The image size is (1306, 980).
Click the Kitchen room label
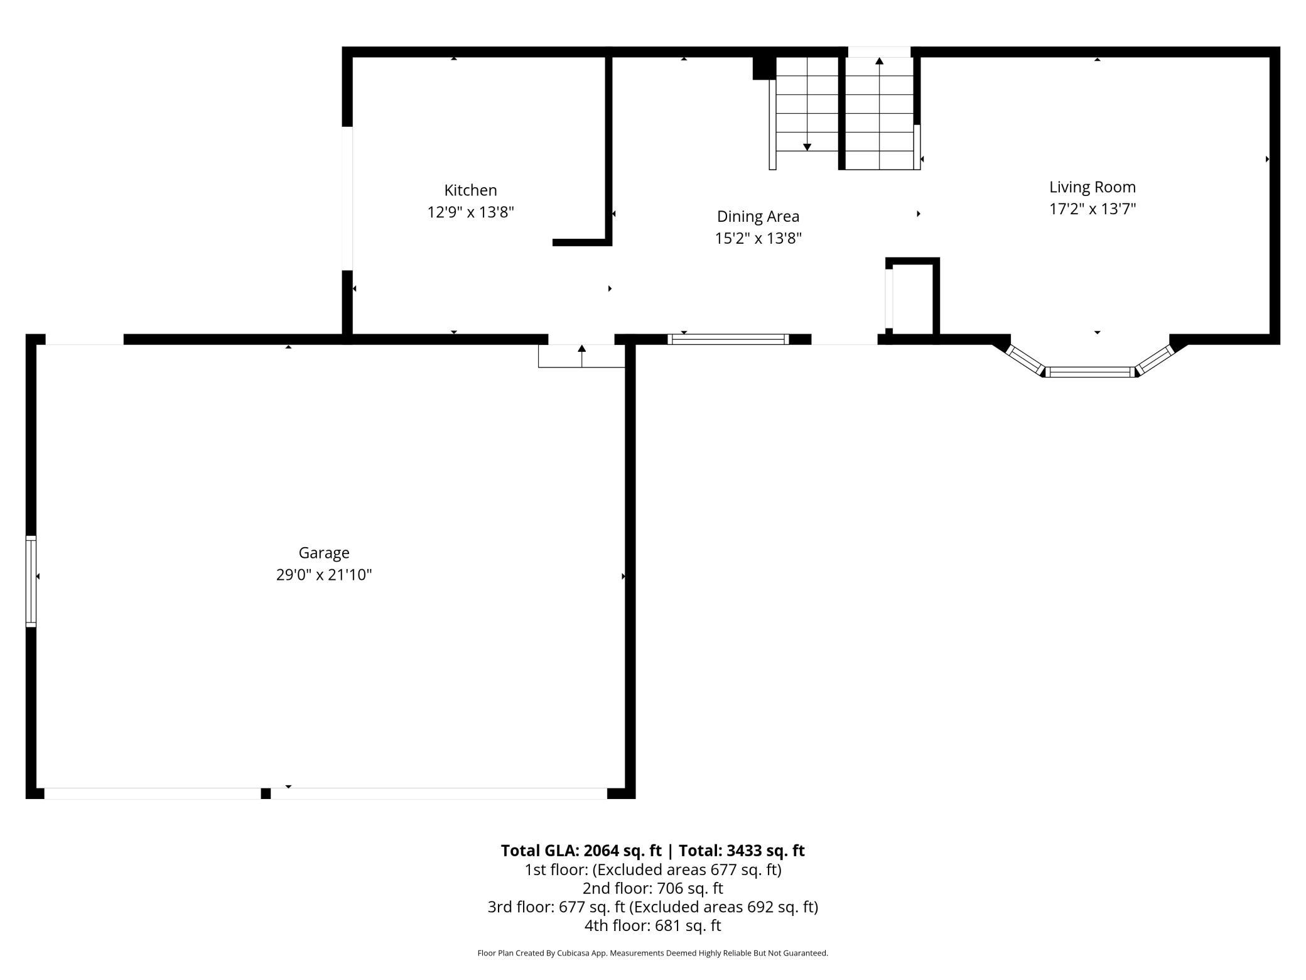coord(470,190)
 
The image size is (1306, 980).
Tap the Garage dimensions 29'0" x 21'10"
coord(324,575)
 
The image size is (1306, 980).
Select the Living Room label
coord(1093,187)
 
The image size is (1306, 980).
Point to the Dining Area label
coord(758,217)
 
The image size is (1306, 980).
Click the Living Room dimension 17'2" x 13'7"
coord(1093,209)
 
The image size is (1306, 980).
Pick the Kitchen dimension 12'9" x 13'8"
coord(470,212)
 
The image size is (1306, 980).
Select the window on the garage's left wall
coord(31,581)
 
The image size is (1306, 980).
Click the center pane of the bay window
coord(1091,372)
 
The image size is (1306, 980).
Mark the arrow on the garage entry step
coord(582,356)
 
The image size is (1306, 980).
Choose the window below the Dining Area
coord(728,339)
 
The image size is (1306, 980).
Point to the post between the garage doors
coord(266,793)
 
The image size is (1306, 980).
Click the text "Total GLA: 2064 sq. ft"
coord(581,851)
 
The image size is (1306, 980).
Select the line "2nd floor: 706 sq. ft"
coord(653,888)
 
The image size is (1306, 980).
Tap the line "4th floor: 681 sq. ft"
coord(653,925)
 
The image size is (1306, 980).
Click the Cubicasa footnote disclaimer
coord(653,953)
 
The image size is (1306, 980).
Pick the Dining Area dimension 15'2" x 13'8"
coord(758,239)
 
